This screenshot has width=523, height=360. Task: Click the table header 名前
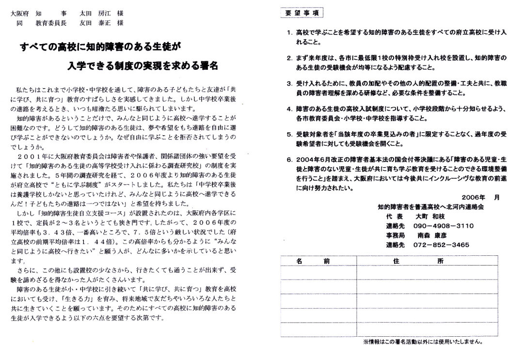coord(318,261)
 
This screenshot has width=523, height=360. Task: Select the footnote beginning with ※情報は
coord(422,342)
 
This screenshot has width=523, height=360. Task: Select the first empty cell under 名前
coord(318,271)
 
